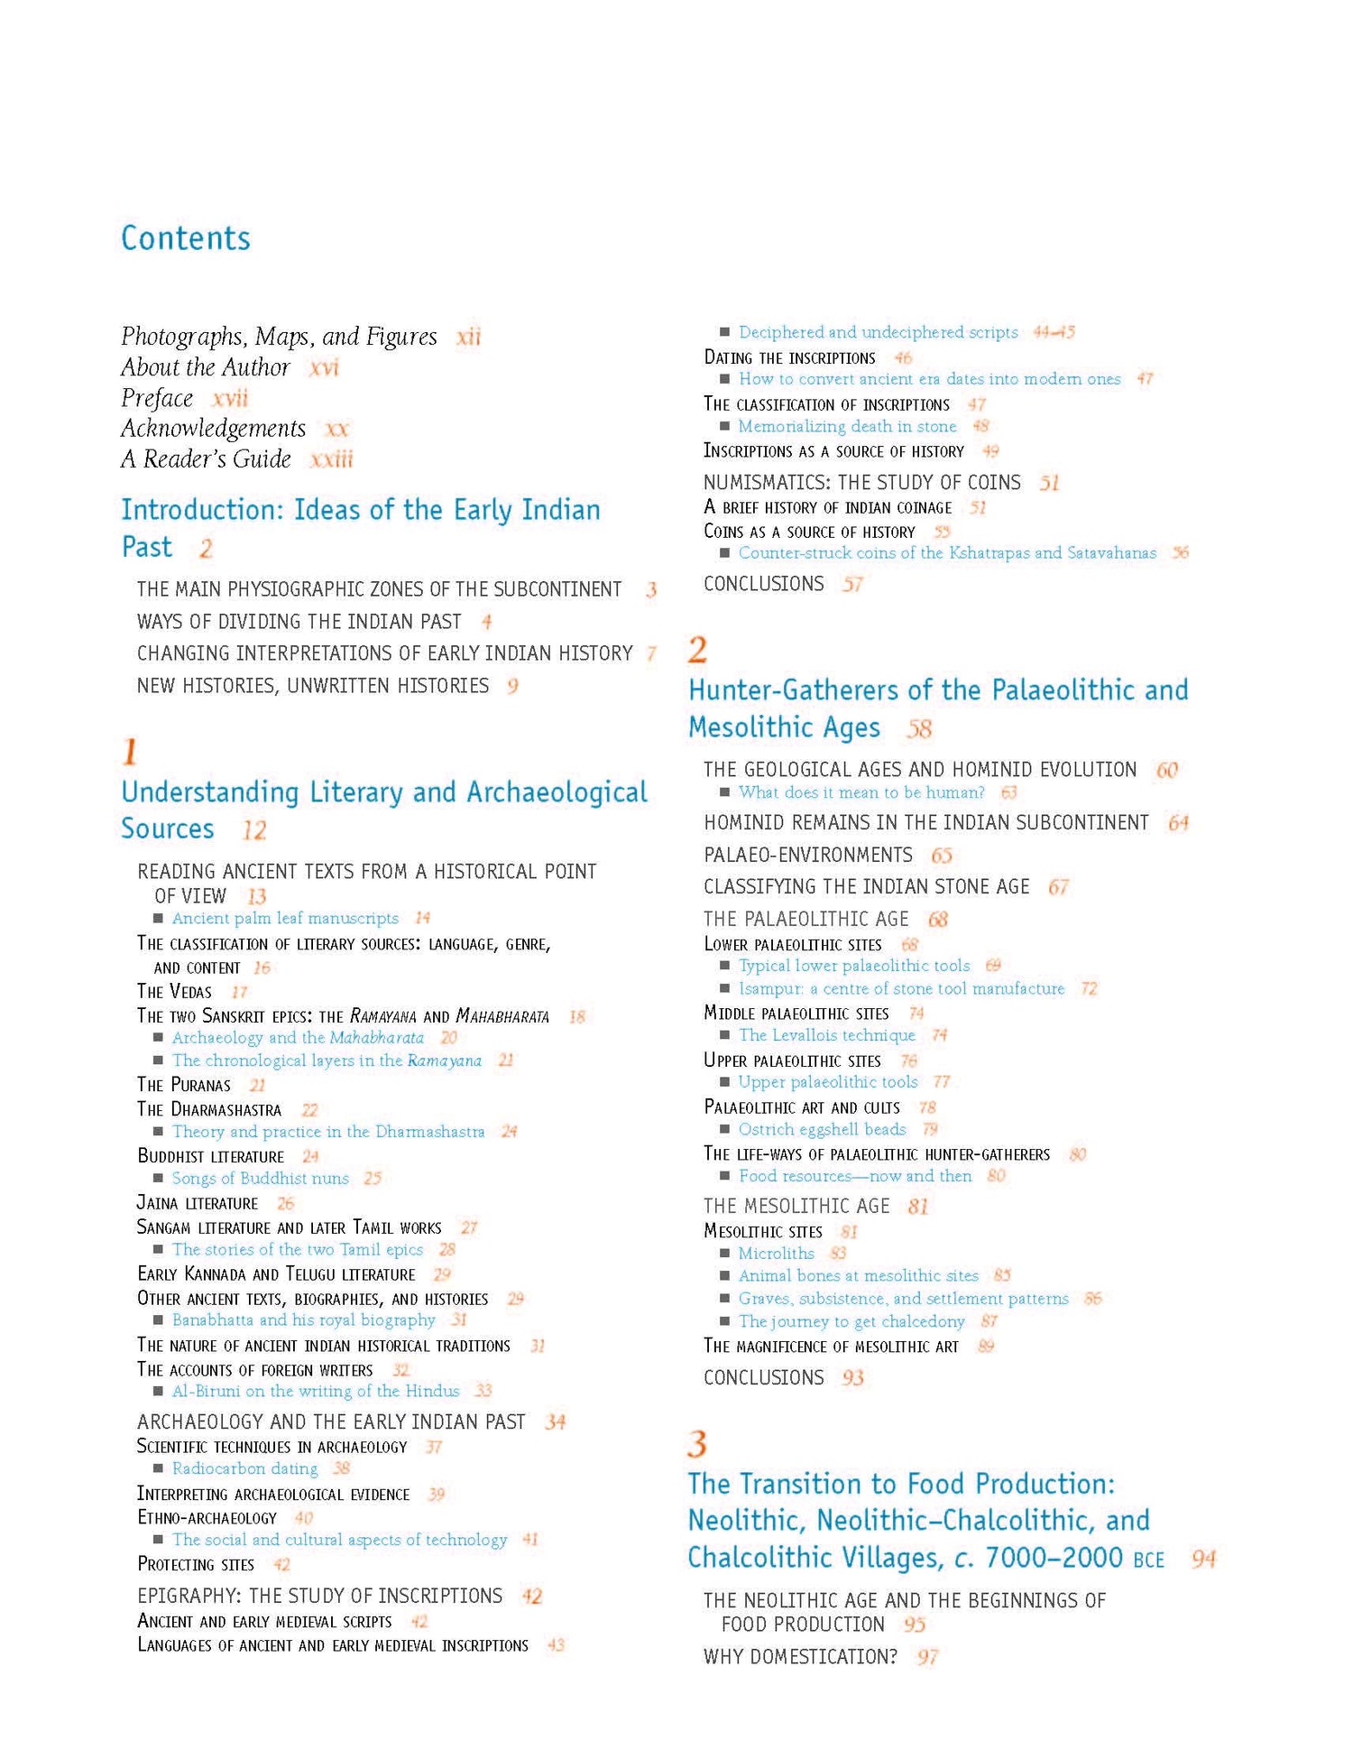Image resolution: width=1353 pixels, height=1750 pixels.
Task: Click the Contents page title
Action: pos(186,238)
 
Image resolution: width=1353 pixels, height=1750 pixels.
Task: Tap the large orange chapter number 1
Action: pos(130,752)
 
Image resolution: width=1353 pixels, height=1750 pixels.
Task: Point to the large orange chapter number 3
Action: pos(696,1444)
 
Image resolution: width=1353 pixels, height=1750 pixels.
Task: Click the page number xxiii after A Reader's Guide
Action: pos(331,459)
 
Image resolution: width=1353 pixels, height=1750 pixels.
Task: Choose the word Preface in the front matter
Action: pos(157,398)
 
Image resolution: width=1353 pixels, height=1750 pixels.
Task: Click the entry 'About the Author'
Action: pos(206,367)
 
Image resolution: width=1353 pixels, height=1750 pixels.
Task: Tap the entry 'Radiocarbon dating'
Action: pos(244,1468)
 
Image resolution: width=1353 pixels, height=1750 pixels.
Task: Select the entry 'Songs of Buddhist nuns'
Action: pos(260,1178)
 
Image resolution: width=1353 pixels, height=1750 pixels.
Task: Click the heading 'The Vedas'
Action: pos(174,991)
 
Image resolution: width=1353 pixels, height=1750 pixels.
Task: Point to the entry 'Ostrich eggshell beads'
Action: pos(822,1129)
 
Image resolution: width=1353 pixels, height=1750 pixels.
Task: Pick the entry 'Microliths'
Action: pos(776,1253)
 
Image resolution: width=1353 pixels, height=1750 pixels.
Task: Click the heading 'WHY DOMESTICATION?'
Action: pos(800,1657)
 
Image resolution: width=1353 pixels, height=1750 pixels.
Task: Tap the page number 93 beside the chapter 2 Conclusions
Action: pos(852,1377)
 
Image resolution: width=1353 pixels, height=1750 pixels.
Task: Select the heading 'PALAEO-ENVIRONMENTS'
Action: pos(807,855)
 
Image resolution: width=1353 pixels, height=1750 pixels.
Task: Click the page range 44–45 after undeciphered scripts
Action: pos(1054,332)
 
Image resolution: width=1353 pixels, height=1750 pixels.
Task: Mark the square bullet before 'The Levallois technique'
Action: pos(724,1035)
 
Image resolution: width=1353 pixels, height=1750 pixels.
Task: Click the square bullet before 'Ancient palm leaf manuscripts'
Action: pos(158,918)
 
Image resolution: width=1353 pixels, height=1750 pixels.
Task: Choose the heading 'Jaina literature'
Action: pos(197,1203)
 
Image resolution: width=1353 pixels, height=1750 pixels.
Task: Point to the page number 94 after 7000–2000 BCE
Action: pos(1203,1559)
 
